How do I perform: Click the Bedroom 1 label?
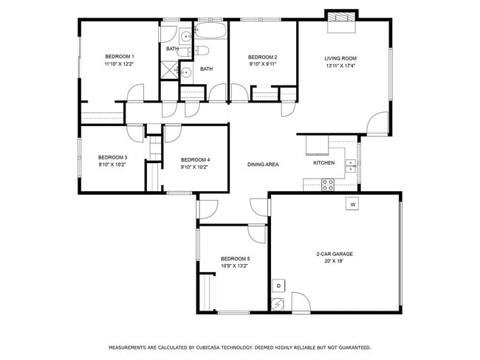(x=119, y=57)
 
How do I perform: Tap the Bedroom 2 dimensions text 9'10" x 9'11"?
(x=262, y=65)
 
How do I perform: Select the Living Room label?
(x=340, y=58)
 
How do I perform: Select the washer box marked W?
(x=352, y=204)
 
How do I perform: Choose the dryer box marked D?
(x=279, y=285)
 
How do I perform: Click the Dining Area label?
(x=262, y=165)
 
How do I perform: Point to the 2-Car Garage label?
(x=335, y=254)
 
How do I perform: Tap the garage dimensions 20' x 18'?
(x=335, y=261)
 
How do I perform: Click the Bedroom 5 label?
(x=235, y=258)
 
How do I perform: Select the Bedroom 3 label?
(x=113, y=157)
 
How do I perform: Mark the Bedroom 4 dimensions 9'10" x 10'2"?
(x=195, y=167)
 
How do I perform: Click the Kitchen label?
(x=323, y=163)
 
